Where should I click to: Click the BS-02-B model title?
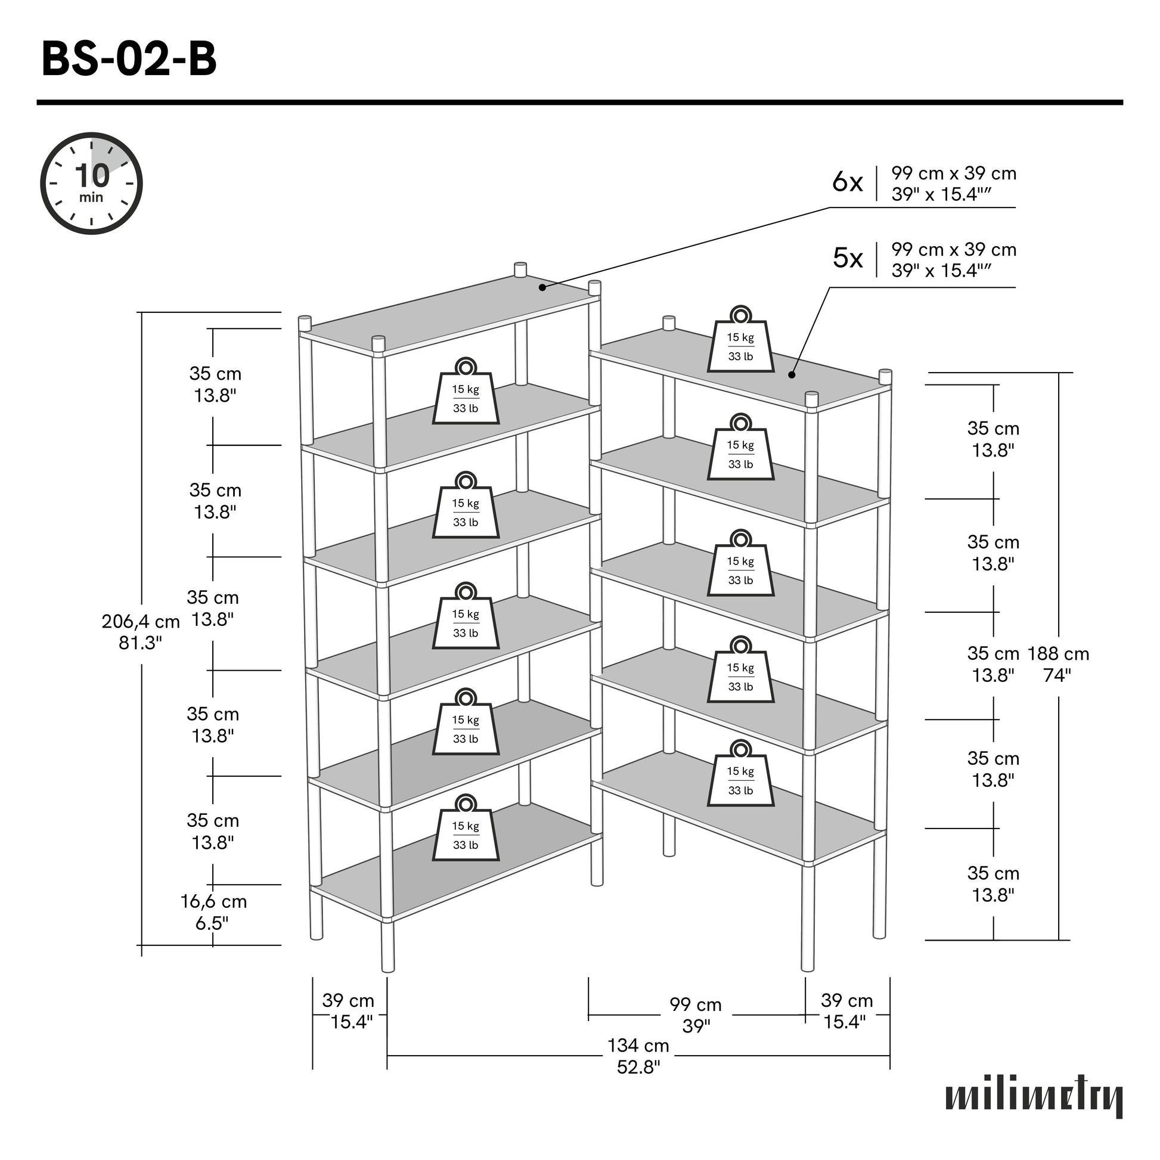(x=129, y=60)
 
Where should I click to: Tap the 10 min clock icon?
(x=91, y=183)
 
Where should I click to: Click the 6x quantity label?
(x=847, y=182)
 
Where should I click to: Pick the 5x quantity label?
(x=847, y=258)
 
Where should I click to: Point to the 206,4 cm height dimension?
(x=141, y=632)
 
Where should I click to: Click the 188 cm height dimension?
(x=1058, y=664)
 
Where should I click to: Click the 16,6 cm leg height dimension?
(x=214, y=911)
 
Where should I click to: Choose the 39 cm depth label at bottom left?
(x=349, y=1010)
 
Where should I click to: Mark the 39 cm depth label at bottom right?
(x=846, y=1010)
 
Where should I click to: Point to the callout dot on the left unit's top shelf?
(x=542, y=287)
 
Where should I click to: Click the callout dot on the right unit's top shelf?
(x=792, y=376)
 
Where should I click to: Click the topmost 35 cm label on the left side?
(x=215, y=384)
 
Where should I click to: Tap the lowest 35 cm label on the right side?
(x=993, y=884)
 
